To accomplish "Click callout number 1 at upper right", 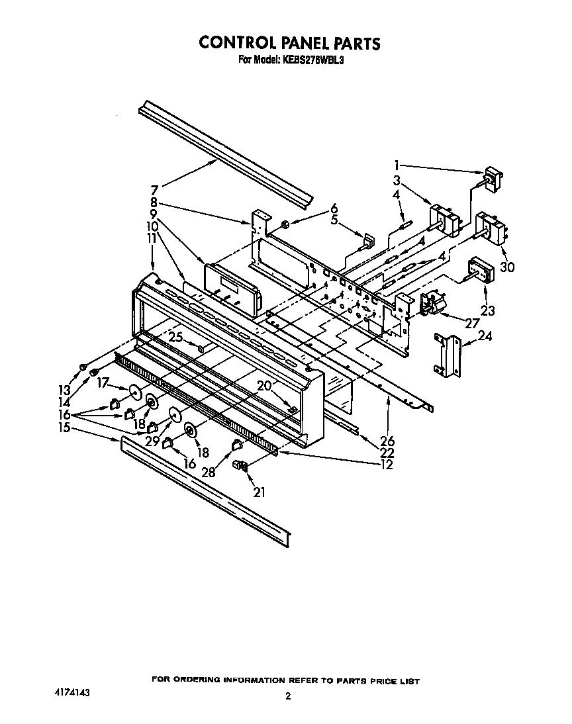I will point(397,165).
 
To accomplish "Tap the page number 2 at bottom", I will point(288,696).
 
